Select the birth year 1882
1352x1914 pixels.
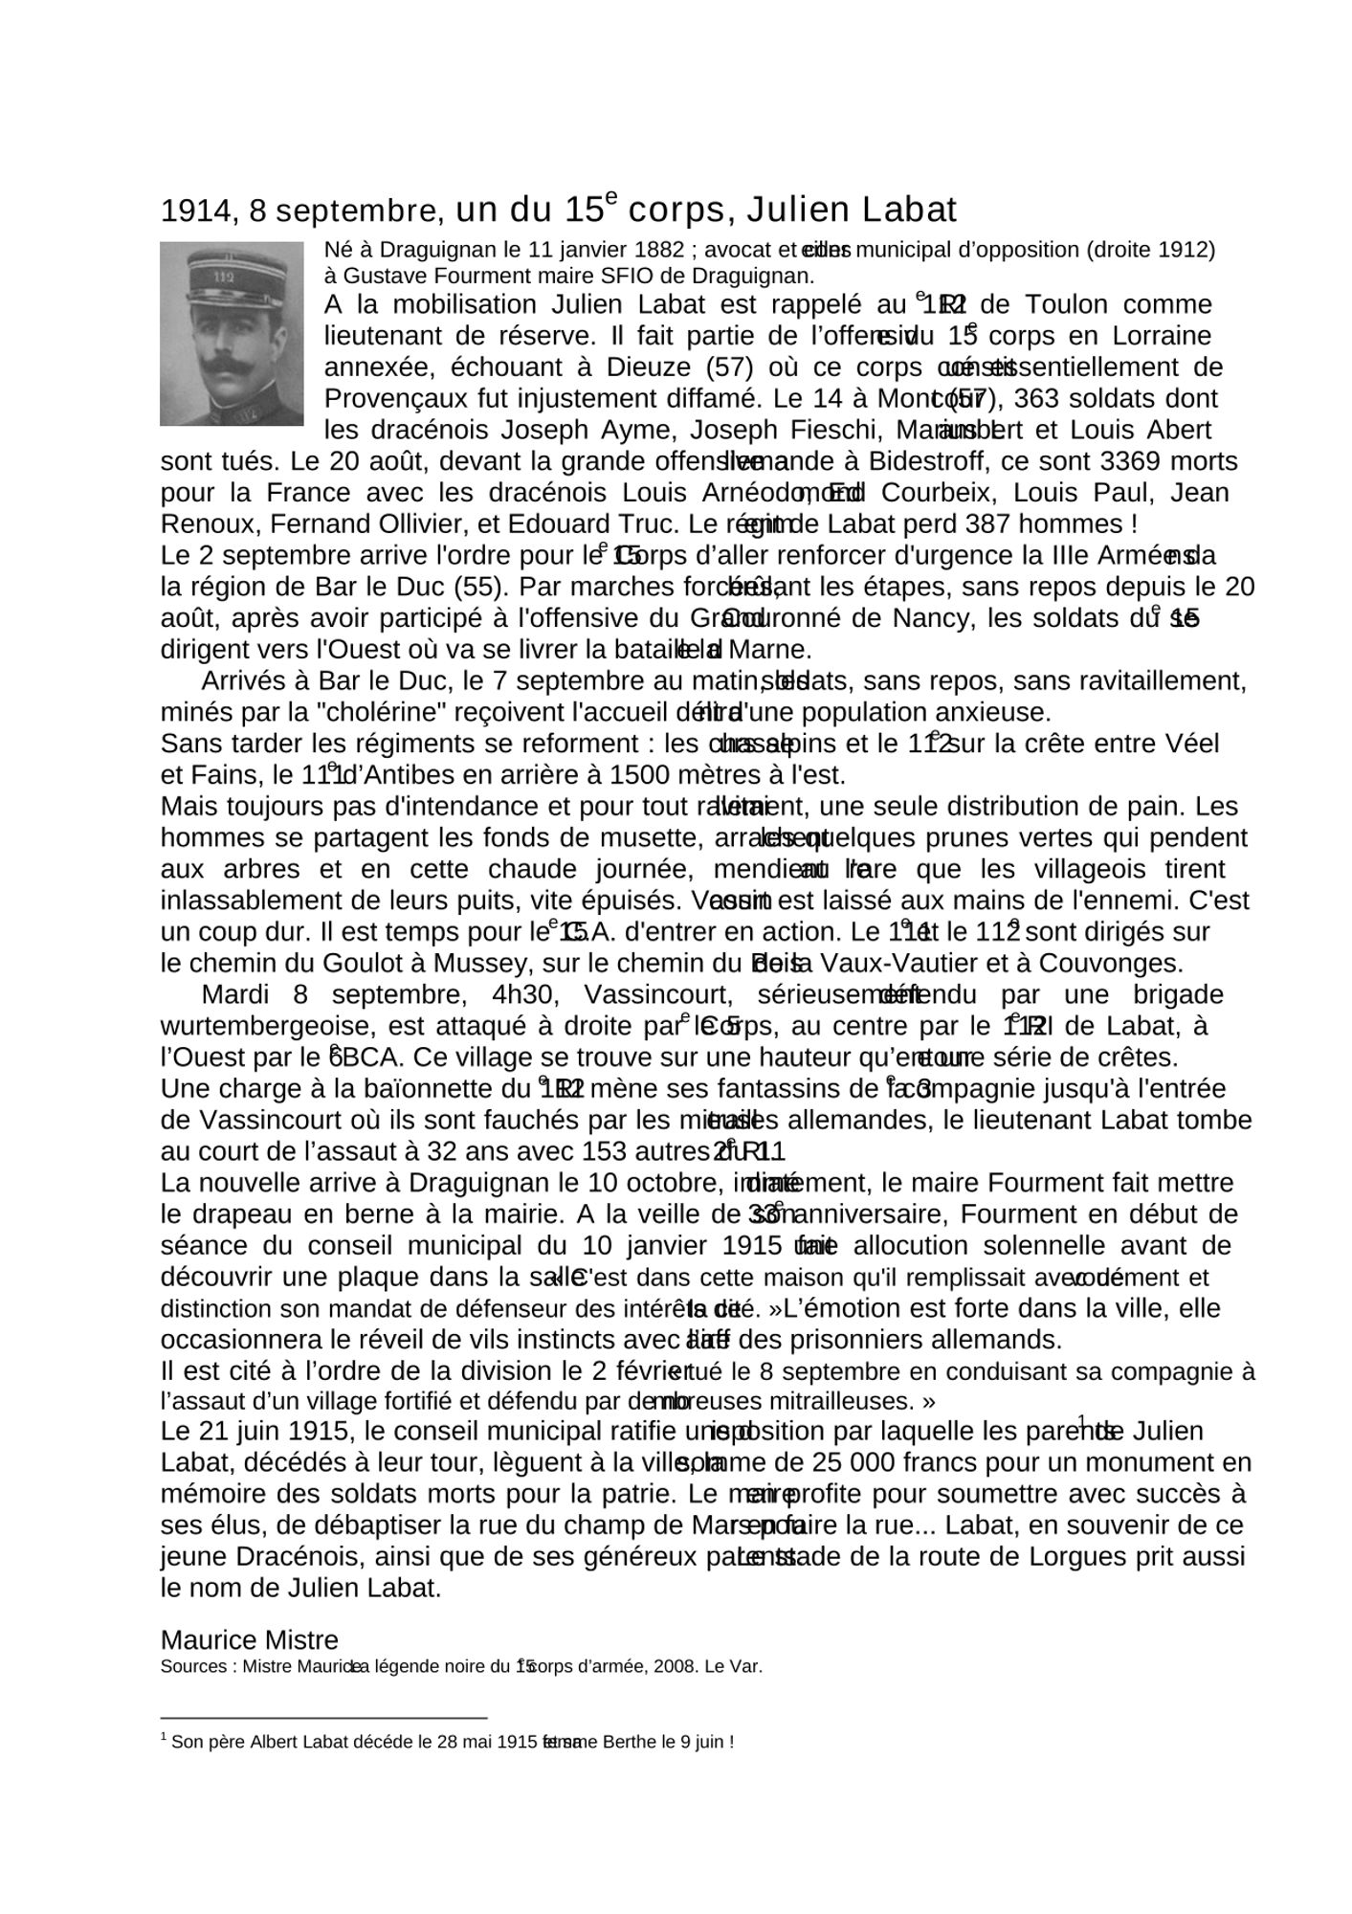tap(654, 251)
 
